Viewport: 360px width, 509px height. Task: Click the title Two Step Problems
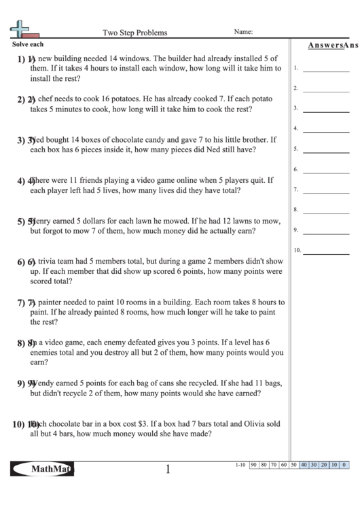coord(134,32)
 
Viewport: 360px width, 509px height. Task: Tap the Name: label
coord(244,31)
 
